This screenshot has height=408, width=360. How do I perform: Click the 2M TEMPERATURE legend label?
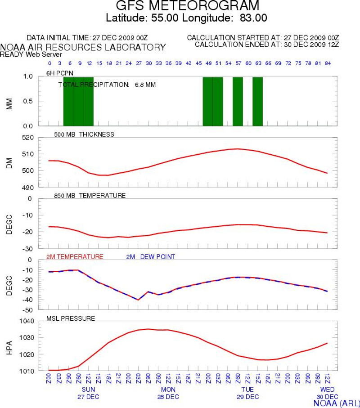tap(75, 257)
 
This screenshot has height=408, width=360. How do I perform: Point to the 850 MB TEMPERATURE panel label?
tap(86, 196)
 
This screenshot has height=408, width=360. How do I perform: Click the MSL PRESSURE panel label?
tap(71, 318)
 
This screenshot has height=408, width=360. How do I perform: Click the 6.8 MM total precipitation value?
tap(145, 85)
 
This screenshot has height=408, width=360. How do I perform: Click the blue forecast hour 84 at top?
tap(327, 63)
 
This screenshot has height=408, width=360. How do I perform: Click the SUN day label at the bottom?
tap(88, 390)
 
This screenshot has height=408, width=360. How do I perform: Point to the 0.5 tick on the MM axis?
tap(28, 101)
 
